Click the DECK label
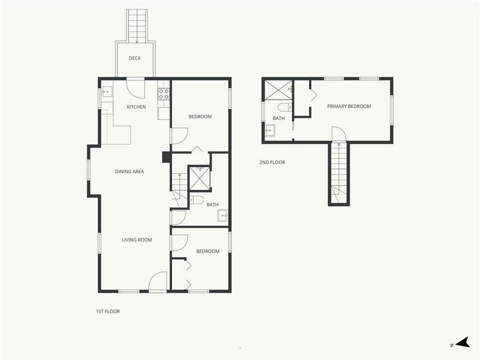click(x=135, y=58)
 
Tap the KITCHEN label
click(x=136, y=107)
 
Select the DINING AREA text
click(x=130, y=172)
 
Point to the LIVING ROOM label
click(x=137, y=240)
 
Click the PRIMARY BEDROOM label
click(x=349, y=106)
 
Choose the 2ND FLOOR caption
click(x=272, y=162)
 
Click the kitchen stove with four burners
click(x=164, y=94)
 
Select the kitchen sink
click(x=107, y=92)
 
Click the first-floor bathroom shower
click(x=201, y=178)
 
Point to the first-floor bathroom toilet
click(x=196, y=201)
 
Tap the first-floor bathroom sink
click(x=222, y=216)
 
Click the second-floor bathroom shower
click(x=278, y=89)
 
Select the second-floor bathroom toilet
click(x=284, y=107)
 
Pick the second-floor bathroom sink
click(x=270, y=130)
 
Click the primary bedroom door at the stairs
click(x=339, y=134)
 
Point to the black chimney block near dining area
click(x=166, y=157)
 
